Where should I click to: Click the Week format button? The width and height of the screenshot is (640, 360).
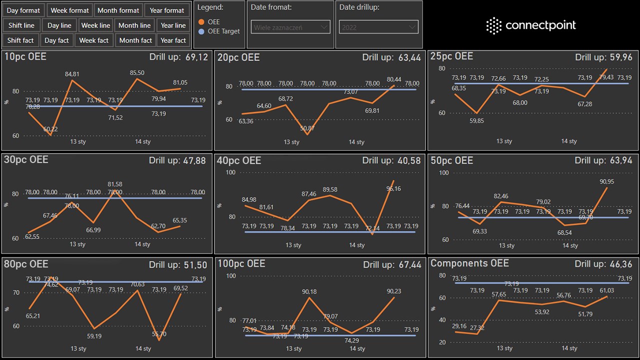70,10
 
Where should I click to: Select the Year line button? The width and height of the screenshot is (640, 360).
173,25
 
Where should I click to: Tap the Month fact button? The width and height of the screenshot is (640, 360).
135,40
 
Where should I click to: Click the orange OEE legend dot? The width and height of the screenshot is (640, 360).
201,22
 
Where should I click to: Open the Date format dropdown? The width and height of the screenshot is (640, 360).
291,27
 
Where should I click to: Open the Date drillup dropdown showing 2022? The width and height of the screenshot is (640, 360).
378,27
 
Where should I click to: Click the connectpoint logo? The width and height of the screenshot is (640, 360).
531,25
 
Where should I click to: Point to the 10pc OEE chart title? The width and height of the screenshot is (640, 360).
25,57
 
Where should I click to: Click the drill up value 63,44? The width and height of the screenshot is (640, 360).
409,58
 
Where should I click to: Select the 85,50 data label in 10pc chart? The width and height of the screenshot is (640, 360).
137,73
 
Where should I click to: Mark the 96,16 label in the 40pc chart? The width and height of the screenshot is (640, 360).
393,188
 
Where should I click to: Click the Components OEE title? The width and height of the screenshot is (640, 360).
469,263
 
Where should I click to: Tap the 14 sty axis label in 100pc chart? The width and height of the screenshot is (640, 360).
357,348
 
